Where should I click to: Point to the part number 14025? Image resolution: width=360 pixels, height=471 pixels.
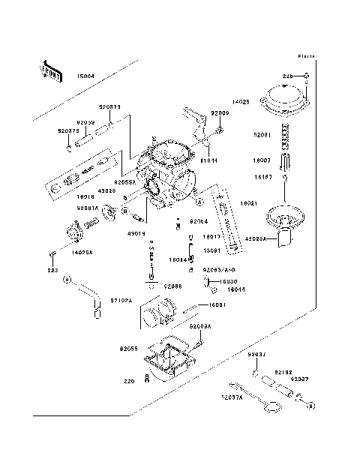tap(240, 100)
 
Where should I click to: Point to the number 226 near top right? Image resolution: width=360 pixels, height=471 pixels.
tap(287, 76)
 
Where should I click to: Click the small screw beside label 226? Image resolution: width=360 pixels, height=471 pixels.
tap(307, 76)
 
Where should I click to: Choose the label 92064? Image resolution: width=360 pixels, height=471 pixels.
tap(198, 221)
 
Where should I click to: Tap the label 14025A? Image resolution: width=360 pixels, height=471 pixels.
tap(82, 253)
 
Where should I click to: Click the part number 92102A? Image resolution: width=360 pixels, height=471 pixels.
tap(121, 300)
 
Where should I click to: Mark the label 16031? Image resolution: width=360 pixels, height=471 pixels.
tap(217, 304)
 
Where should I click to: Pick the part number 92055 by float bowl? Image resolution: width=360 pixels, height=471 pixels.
tap(129, 349)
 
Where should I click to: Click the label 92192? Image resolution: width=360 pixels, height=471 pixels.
tap(283, 372)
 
